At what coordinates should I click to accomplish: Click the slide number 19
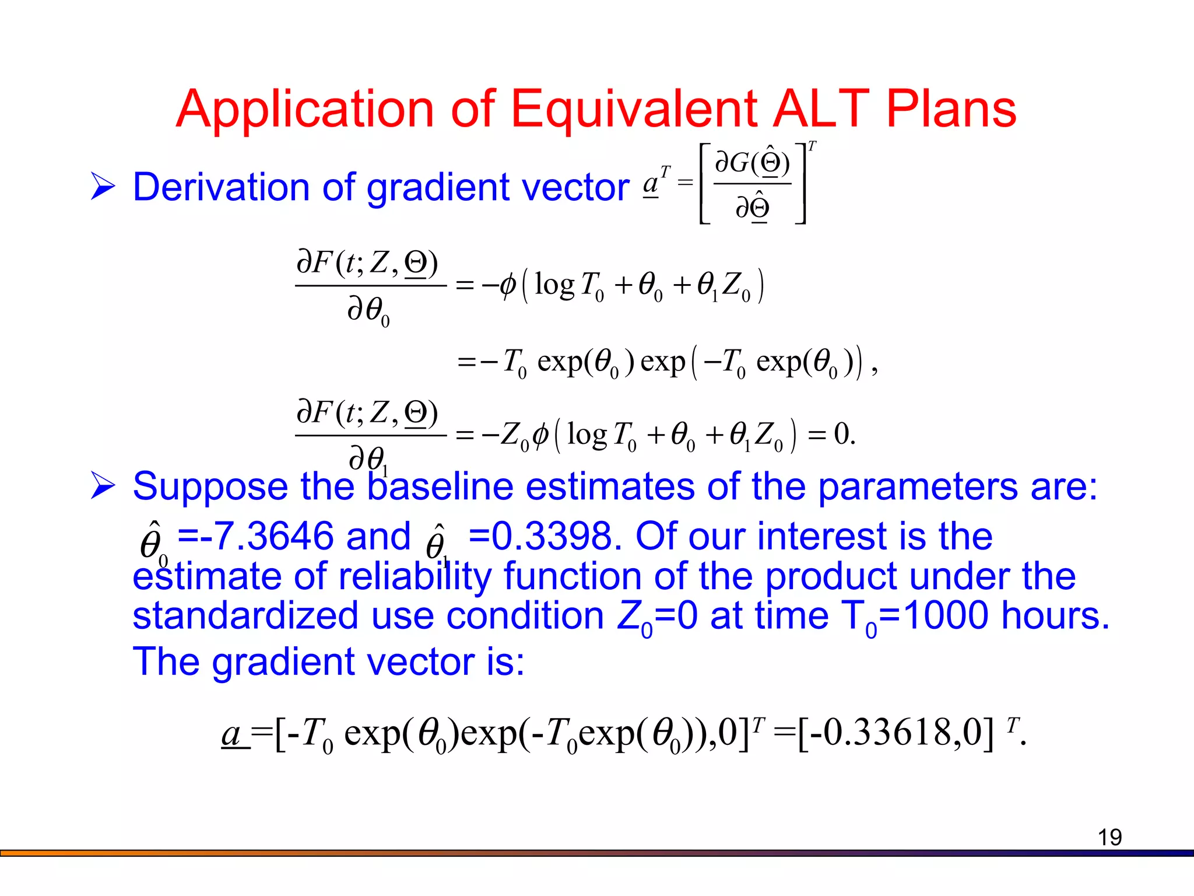[1109, 838]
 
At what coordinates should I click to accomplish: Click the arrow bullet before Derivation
[103, 187]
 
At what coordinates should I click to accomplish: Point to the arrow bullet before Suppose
[103, 487]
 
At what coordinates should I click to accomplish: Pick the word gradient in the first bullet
[438, 188]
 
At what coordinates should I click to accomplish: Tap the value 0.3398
[552, 535]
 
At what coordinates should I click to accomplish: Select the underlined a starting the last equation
[233, 733]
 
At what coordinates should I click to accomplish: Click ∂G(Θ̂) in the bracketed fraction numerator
[752, 162]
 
